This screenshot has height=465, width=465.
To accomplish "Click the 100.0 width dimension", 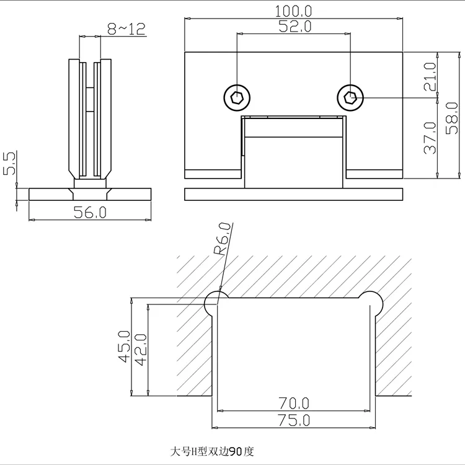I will [293, 11].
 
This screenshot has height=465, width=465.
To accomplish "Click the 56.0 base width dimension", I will [90, 212].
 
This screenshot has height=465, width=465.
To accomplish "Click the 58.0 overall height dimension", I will [453, 118].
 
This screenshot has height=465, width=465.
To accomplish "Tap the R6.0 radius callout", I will [224, 240].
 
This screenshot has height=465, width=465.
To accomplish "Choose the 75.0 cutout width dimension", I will [294, 420].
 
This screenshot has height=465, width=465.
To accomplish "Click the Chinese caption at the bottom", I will [212, 451].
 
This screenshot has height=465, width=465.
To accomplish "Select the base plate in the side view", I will [90, 194].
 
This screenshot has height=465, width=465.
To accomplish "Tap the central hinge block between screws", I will [293, 152].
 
